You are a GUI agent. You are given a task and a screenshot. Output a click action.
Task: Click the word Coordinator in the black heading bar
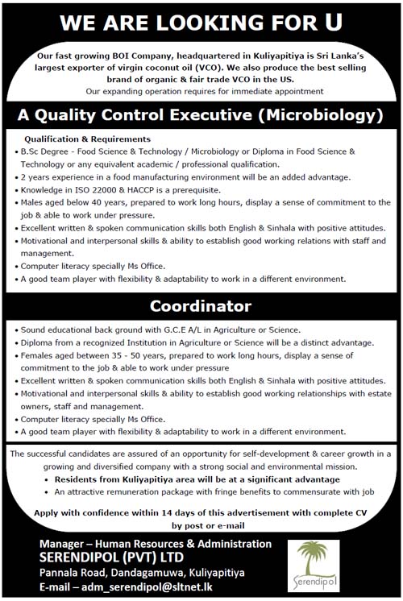[201, 306]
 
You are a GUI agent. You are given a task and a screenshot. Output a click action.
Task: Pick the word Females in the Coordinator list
[39, 355]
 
